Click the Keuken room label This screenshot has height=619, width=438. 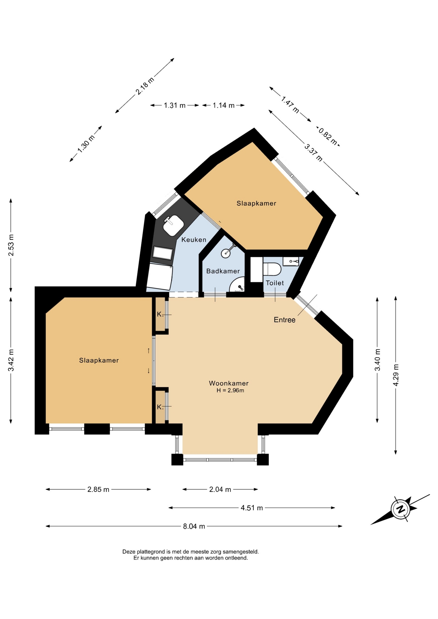(194, 240)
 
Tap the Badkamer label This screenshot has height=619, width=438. (223, 271)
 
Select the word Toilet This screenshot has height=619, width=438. (275, 283)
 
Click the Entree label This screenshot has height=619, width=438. (284, 320)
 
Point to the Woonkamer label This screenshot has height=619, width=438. (229, 383)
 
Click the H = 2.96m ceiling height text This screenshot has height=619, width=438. (230, 390)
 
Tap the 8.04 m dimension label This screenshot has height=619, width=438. (194, 526)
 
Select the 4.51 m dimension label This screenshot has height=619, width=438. (252, 508)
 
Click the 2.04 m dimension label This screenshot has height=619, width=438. (220, 489)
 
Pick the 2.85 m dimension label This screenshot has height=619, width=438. (98, 489)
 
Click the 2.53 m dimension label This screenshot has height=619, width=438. (11, 245)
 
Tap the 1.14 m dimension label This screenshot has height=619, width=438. (224, 105)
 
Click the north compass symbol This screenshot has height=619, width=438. (400, 509)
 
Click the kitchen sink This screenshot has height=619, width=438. (174, 225)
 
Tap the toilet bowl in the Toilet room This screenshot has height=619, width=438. (272, 269)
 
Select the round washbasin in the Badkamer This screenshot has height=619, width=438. (226, 253)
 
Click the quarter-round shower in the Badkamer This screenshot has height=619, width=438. (237, 284)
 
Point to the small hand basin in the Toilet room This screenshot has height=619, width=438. (291, 261)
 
